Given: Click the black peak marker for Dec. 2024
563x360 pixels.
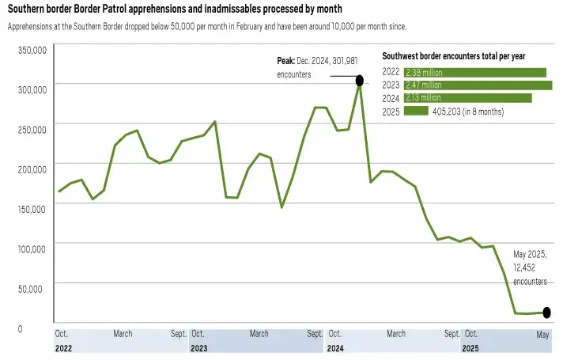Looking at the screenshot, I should click(x=360, y=80).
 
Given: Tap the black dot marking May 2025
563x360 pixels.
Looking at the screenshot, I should click(x=546, y=313).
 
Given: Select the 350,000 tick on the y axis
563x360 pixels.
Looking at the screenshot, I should click(x=32, y=50).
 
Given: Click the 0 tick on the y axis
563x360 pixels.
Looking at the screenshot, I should click(x=42, y=328).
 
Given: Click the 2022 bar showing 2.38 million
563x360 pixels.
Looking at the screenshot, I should click(x=475, y=73).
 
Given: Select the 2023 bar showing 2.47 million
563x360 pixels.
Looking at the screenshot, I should click(x=478, y=85).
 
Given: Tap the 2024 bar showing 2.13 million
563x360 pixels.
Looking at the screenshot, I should click(x=467, y=98).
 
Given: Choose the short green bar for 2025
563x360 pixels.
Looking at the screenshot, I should click(x=416, y=112).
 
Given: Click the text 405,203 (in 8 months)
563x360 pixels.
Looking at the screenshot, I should click(x=467, y=112).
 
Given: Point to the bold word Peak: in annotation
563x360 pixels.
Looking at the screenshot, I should click(x=285, y=61).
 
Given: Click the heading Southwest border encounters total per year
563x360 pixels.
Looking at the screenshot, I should click(x=454, y=56).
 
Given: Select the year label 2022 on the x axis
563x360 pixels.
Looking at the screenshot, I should click(x=64, y=347).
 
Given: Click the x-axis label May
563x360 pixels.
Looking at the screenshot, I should click(x=542, y=334).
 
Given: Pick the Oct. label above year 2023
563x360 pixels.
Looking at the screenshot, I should click(x=198, y=334).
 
